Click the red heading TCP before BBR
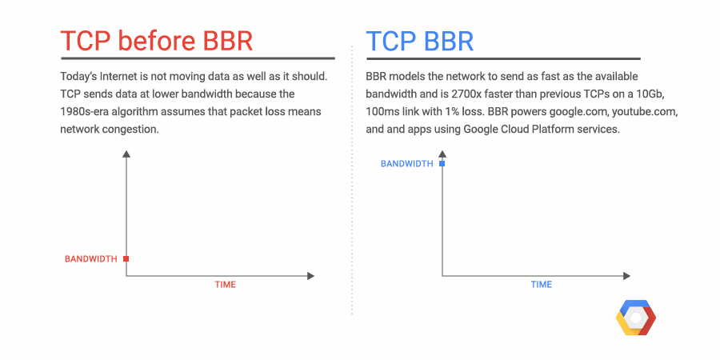point(157,41)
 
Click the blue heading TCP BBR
point(420,41)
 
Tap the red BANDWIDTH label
point(91,259)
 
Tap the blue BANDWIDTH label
point(407,163)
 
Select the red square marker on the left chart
point(126,259)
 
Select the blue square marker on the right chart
point(442,163)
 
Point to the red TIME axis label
point(226,285)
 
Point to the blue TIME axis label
point(542,285)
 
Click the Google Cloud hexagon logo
point(636,318)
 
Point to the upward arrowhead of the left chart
point(126,154)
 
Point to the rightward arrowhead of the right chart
point(626,276)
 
